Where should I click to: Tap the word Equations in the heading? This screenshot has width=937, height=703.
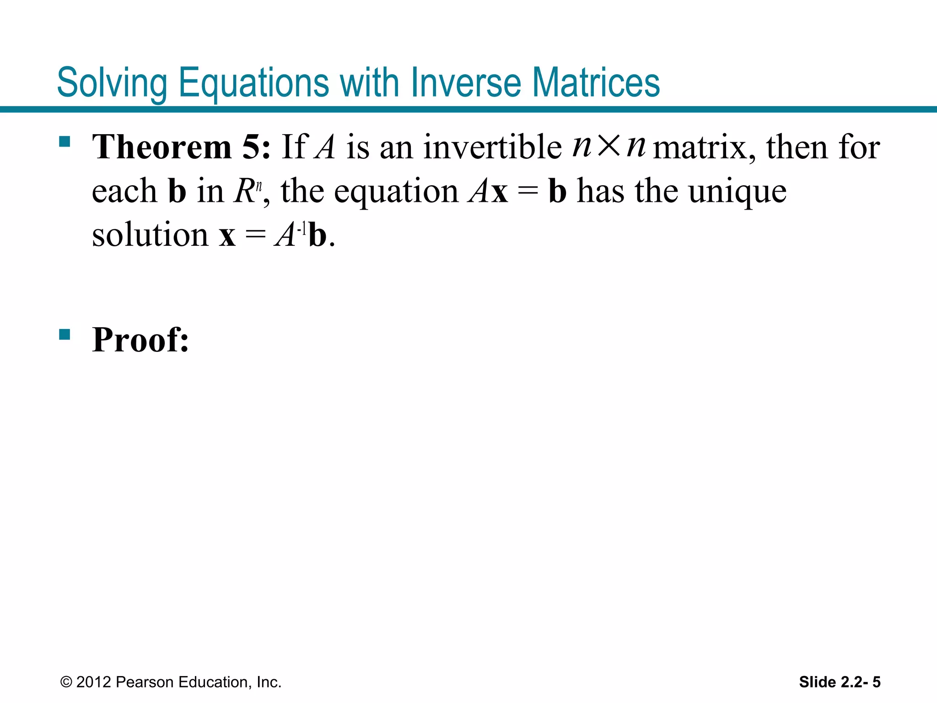pyautogui.click(x=253, y=83)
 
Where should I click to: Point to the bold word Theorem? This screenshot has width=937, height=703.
pyautogui.click(x=162, y=147)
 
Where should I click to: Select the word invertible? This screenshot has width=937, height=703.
pyautogui.click(x=492, y=147)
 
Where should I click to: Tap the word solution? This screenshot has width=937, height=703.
pyautogui.click(x=150, y=235)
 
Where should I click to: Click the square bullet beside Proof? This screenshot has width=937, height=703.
pyautogui.click(x=65, y=335)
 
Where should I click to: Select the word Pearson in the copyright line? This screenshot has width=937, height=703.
pyautogui.click(x=145, y=682)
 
